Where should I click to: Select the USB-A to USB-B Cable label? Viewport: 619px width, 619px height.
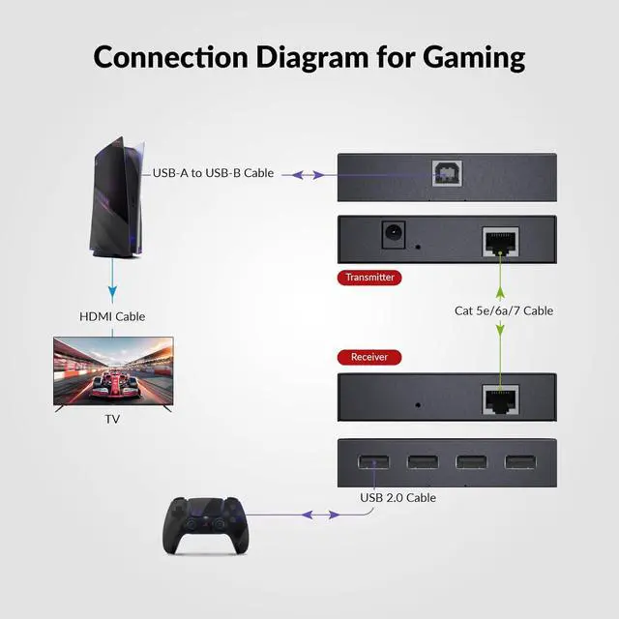pos(213,173)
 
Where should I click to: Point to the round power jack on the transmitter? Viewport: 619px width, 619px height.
pos(394,235)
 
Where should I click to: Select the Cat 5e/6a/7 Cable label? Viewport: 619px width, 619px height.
pos(504,310)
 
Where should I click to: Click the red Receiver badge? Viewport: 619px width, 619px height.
pos(368,357)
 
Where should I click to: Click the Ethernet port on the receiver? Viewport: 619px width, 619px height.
pos(500,397)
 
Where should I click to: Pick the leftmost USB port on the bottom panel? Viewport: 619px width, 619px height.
pos(373,461)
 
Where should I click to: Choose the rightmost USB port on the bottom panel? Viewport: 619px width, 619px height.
pos(520,461)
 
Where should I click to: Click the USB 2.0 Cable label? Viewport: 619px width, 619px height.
pos(398,497)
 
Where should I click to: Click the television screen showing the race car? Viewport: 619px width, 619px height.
pos(112,371)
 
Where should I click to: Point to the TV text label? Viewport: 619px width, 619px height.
pos(112,420)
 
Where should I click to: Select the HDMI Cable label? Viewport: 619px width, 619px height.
pos(112,316)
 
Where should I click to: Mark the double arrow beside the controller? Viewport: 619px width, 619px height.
pos(307,515)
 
